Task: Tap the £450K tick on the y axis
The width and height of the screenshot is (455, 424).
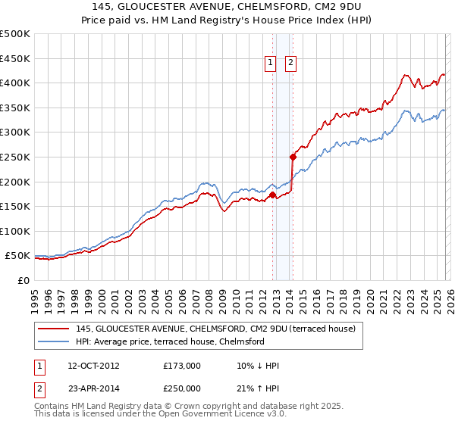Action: (x=15, y=58)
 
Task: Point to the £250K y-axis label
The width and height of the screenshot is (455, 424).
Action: (x=15, y=157)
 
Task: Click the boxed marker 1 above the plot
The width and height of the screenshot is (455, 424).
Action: (x=270, y=64)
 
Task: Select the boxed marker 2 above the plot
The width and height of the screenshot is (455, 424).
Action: (x=290, y=64)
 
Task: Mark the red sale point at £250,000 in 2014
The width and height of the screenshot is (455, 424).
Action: (x=293, y=157)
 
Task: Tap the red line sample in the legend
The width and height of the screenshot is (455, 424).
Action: (x=54, y=329)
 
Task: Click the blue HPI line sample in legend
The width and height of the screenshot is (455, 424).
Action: (x=54, y=341)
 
